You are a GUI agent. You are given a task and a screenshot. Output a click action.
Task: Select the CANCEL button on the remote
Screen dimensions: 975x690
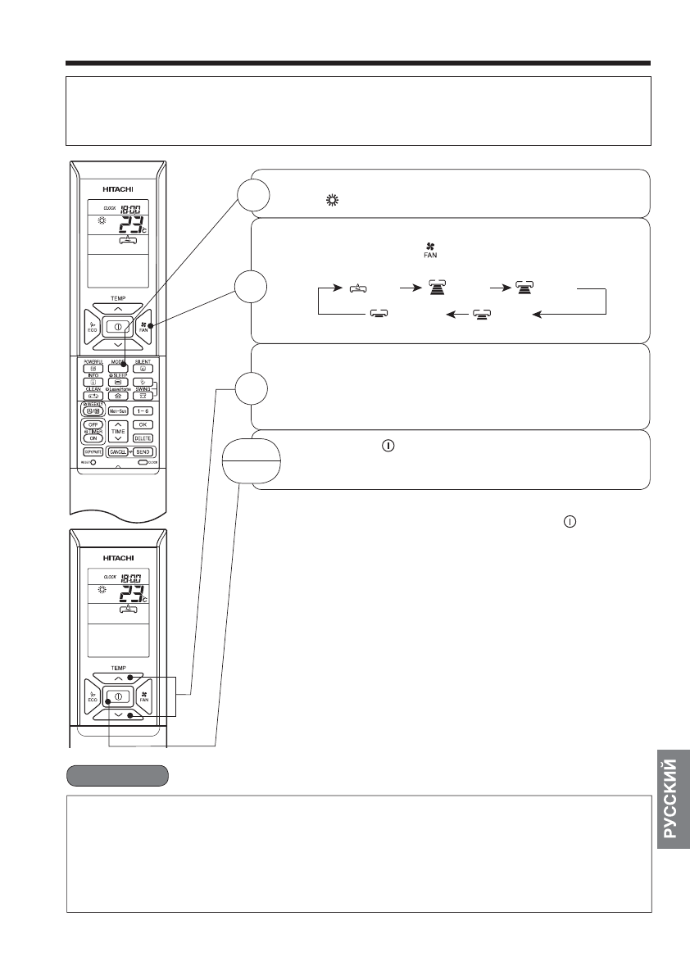(x=116, y=451)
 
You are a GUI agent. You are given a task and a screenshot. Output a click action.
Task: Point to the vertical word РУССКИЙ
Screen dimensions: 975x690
(x=670, y=799)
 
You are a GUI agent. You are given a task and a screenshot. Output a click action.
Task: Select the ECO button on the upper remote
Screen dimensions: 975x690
(x=91, y=326)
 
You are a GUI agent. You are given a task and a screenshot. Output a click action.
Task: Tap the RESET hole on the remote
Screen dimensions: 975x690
(x=93, y=462)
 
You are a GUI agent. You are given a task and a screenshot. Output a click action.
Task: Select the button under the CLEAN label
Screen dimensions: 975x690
(x=91, y=395)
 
